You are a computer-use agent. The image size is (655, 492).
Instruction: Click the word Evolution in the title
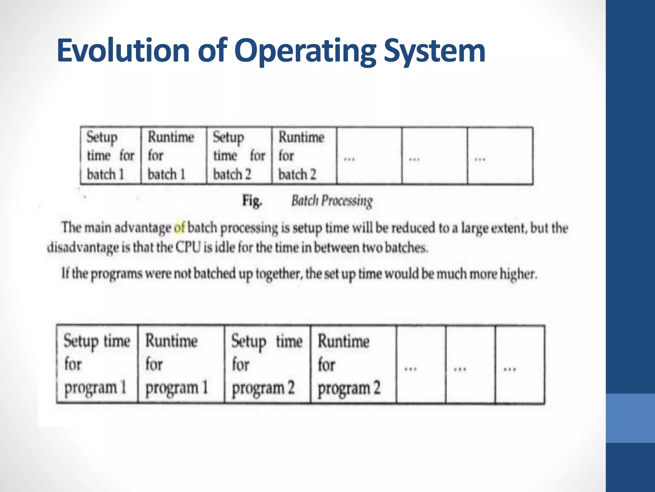(x=123, y=51)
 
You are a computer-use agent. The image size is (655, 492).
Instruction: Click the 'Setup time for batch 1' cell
(x=110, y=156)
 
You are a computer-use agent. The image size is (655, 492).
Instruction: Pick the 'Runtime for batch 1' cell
(x=174, y=156)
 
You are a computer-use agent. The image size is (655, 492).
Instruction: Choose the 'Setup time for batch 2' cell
(x=239, y=156)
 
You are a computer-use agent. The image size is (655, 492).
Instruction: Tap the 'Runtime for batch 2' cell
(x=304, y=156)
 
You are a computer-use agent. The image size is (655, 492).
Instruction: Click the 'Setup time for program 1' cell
(x=97, y=364)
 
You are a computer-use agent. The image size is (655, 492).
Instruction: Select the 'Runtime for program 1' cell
(x=181, y=364)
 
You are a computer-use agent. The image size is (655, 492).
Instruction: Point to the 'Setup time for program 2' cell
(x=267, y=364)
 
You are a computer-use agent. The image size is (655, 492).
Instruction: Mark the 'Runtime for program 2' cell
(x=353, y=364)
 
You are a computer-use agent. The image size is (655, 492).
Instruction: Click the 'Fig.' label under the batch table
(x=252, y=201)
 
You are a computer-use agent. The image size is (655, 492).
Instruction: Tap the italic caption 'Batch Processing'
(x=332, y=201)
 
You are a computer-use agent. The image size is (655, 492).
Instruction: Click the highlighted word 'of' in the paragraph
(x=179, y=228)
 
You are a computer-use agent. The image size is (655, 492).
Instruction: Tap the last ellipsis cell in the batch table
(x=500, y=156)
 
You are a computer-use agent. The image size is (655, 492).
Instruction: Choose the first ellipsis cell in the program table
(x=421, y=364)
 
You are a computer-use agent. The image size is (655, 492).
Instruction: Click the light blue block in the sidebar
(x=630, y=418)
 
